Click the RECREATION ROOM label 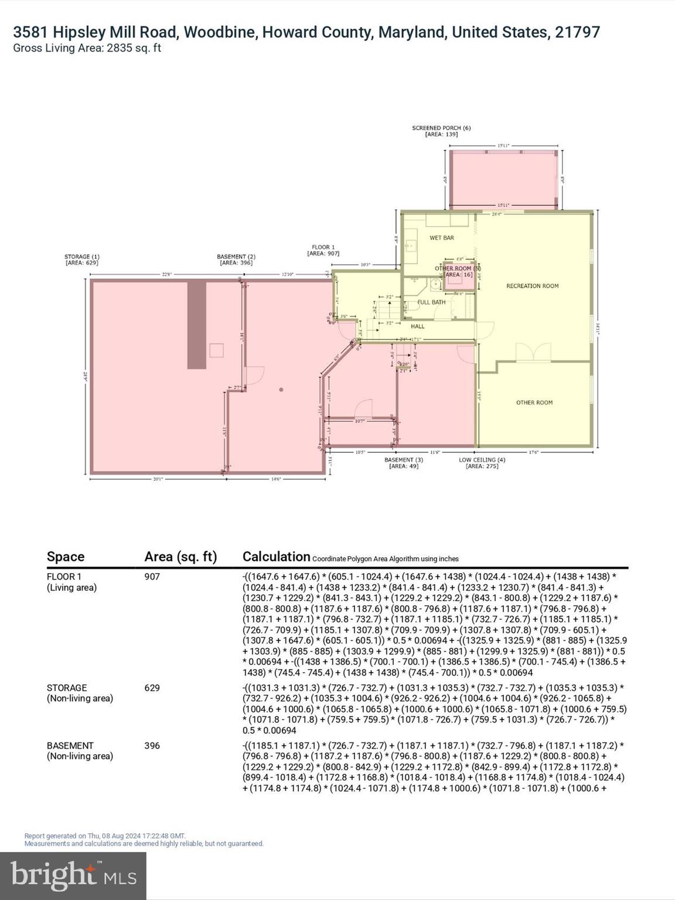point(532,286)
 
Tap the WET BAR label point(441,238)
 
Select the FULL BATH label point(431,302)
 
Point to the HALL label point(417,326)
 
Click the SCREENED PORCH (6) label point(441,128)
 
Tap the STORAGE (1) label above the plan point(81,257)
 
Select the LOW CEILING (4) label point(482,460)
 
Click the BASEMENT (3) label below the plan point(403,460)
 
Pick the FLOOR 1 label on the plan point(323,247)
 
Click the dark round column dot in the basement point(281,390)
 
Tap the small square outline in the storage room point(216,350)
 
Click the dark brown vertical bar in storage point(197,325)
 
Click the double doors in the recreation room point(533,354)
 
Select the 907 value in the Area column point(152,577)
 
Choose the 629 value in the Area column point(152,688)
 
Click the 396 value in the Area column point(152,746)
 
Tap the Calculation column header point(276,557)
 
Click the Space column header point(66,557)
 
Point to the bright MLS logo point(73,876)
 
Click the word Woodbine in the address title point(220,32)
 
